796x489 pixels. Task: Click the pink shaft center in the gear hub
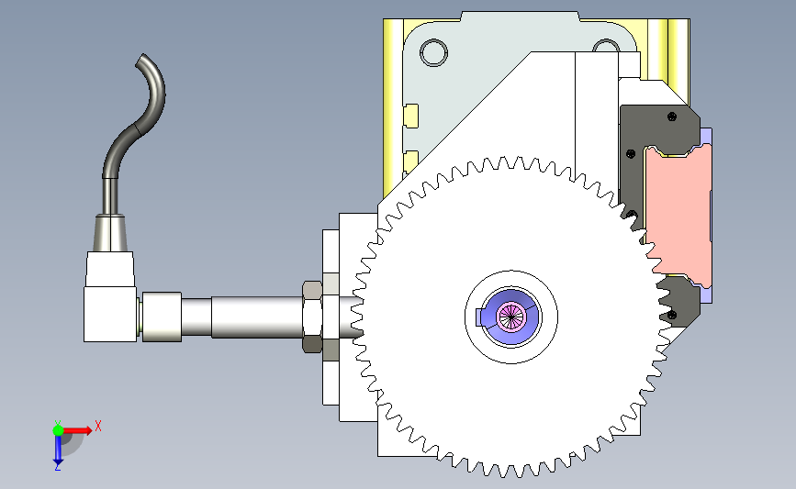pos(511,317)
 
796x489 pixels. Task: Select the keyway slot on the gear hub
pos(480,317)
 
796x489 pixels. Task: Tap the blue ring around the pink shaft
pos(511,317)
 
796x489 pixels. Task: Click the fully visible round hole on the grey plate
pos(433,52)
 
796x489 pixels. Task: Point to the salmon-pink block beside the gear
pos(678,213)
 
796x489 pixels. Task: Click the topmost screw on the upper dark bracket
pos(672,117)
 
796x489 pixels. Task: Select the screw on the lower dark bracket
pos(672,315)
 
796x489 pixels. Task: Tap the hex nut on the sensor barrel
pos(312,317)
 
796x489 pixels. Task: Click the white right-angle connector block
pos(110,297)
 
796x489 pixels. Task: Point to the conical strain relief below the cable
pos(109,232)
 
